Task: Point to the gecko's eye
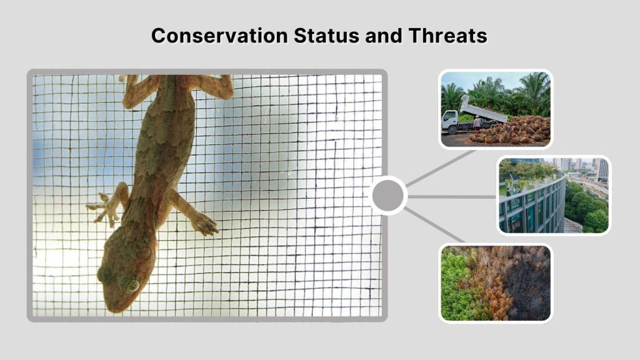(132, 285)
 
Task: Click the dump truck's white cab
(451, 119)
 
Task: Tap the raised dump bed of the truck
(482, 109)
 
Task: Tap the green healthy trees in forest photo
(456, 287)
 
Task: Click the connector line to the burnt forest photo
(434, 225)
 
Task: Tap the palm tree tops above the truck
(500, 87)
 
